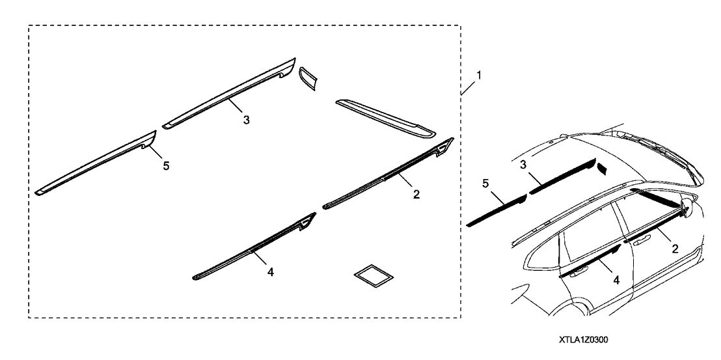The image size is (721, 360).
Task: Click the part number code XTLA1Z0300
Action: pyautogui.click(x=584, y=340)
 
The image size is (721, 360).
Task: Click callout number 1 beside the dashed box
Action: pyautogui.click(x=479, y=76)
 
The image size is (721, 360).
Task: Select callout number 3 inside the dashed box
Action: pyautogui.click(x=247, y=120)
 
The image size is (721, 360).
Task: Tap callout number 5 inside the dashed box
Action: pyautogui.click(x=166, y=166)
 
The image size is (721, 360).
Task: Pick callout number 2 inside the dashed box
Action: pyautogui.click(x=416, y=195)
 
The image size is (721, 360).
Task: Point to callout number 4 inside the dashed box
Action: pyautogui.click(x=271, y=272)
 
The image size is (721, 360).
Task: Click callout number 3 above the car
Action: pyautogui.click(x=523, y=165)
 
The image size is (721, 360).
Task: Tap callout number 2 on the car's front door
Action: pyautogui.click(x=675, y=249)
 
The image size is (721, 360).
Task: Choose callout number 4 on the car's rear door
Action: pyautogui.click(x=616, y=279)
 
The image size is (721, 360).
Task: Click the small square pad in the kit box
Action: pyautogui.click(x=374, y=275)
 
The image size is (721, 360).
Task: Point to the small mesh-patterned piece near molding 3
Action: pyautogui.click(x=308, y=78)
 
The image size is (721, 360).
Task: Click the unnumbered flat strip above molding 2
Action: pyautogui.click(x=385, y=118)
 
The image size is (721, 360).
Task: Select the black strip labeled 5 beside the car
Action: pyautogui.click(x=497, y=210)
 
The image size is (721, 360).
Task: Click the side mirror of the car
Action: pyautogui.click(x=688, y=204)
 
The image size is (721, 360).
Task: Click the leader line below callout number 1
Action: pyautogui.click(x=468, y=87)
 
